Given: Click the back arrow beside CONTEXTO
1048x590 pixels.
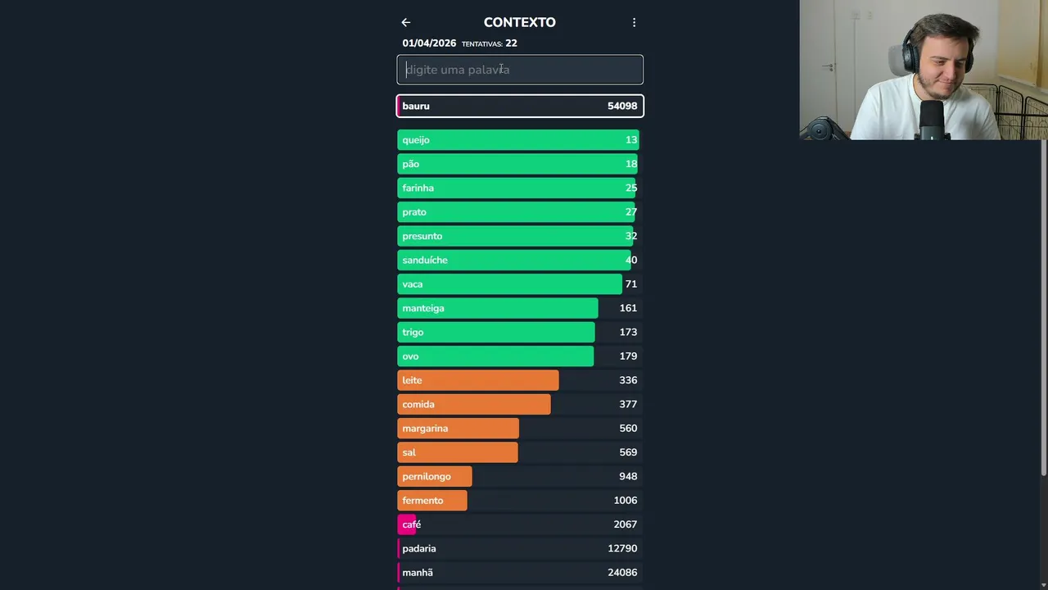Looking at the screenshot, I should [x=406, y=23].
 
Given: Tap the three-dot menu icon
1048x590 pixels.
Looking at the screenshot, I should [x=634, y=23].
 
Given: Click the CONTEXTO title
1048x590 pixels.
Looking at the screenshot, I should [x=519, y=23].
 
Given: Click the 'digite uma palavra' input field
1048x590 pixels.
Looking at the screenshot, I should [x=520, y=70].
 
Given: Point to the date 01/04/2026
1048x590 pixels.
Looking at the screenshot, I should [x=429, y=43].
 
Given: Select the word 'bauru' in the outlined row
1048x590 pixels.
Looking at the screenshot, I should [x=416, y=106].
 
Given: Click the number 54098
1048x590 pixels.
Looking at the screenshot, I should [x=622, y=106].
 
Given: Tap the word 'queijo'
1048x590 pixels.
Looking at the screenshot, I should [x=416, y=140].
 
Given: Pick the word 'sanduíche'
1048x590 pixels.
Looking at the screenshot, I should [x=425, y=260].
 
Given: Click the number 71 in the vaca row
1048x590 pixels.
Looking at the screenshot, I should [x=630, y=284].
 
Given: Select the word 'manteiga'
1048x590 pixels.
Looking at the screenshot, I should [x=423, y=308].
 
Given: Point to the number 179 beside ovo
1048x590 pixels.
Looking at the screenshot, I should [x=628, y=356].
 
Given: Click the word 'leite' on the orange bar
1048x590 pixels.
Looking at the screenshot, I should [x=412, y=380].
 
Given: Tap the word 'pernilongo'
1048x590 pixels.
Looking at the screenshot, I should [x=427, y=476].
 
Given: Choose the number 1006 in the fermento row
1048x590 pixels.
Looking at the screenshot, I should [x=626, y=501].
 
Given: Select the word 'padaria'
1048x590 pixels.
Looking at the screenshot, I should [x=419, y=548].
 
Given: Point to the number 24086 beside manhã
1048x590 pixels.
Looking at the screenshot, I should [x=622, y=573].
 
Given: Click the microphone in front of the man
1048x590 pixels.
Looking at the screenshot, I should [x=932, y=119].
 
